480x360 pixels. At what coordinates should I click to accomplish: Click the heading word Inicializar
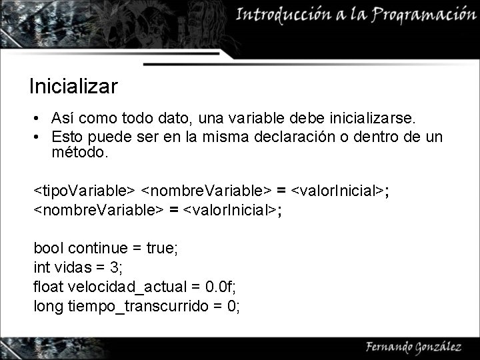[73, 87]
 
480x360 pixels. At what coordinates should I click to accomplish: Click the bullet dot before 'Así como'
[41, 119]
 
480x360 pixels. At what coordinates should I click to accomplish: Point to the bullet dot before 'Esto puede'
[41, 137]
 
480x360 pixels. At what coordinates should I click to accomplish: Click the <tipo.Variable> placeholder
[85, 192]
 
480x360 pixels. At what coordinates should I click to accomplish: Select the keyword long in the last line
[48, 307]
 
